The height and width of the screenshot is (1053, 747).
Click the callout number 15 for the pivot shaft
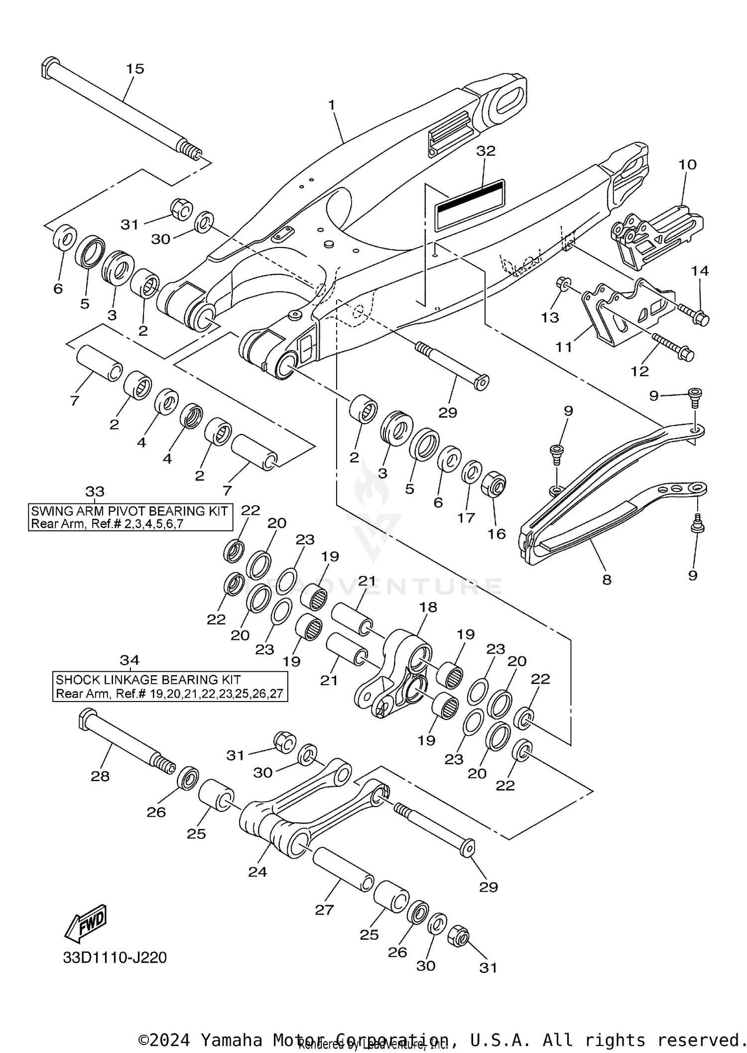pyautogui.click(x=135, y=69)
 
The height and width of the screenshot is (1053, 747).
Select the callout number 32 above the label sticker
pyautogui.click(x=486, y=151)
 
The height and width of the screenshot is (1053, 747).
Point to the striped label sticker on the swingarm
pyautogui.click(x=470, y=204)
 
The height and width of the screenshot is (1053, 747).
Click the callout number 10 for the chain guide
pyautogui.click(x=687, y=164)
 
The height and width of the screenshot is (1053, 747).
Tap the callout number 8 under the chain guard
pyautogui.click(x=607, y=580)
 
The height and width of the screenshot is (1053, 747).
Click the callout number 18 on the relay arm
pyautogui.click(x=428, y=607)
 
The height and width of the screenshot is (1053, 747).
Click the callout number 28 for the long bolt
pyautogui.click(x=100, y=776)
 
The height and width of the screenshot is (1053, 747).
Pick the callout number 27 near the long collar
pyautogui.click(x=324, y=910)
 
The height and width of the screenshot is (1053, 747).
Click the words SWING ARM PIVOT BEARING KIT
pyautogui.click(x=129, y=511)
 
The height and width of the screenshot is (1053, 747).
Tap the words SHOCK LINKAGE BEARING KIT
pyautogui.click(x=148, y=680)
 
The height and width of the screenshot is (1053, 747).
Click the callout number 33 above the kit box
pyautogui.click(x=95, y=492)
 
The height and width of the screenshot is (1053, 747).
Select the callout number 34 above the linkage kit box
pyautogui.click(x=129, y=660)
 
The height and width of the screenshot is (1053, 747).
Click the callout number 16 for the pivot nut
pyautogui.click(x=497, y=534)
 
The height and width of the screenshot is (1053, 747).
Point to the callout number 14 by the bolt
pyautogui.click(x=700, y=271)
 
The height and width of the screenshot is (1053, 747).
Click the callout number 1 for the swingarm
pyautogui.click(x=332, y=105)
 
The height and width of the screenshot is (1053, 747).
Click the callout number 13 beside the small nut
pyautogui.click(x=550, y=317)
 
